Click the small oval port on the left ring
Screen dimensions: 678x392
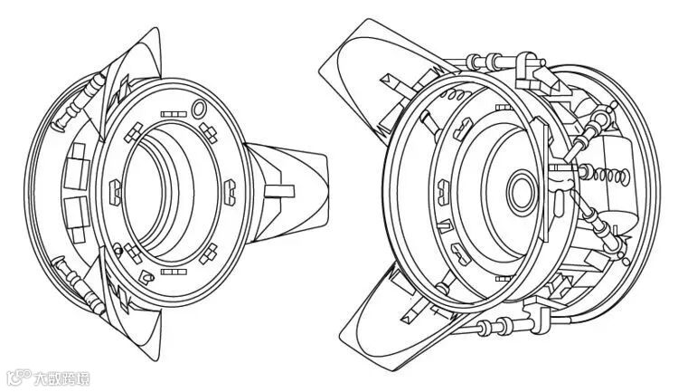(x=198, y=110)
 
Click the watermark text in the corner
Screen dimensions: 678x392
(x=63, y=378)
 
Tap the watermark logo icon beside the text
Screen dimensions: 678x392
(x=18, y=377)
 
